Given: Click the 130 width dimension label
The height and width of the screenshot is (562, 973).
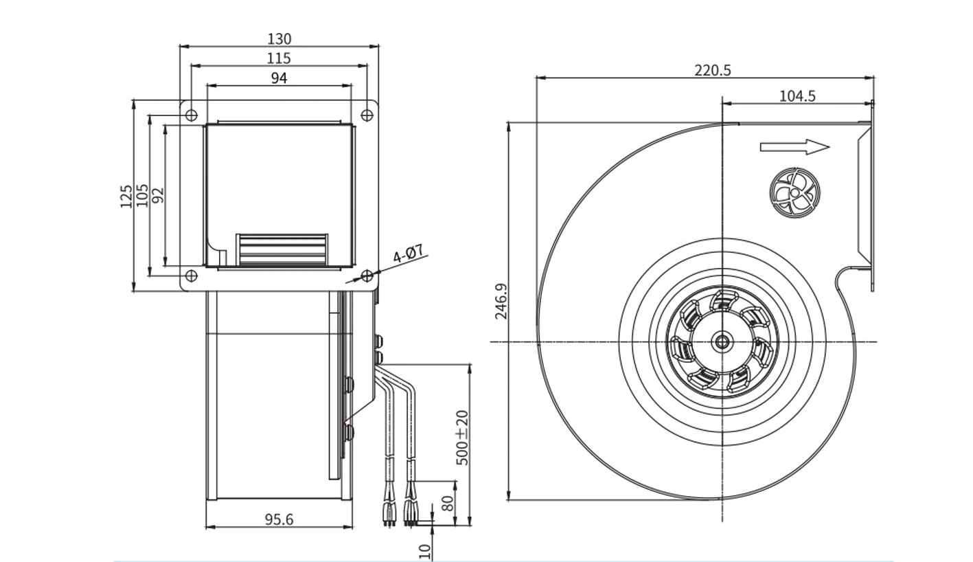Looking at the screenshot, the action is click(x=279, y=39).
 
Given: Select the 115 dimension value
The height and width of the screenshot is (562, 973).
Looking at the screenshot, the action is click(x=279, y=58).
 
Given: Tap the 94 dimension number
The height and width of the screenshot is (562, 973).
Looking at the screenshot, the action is click(x=279, y=78).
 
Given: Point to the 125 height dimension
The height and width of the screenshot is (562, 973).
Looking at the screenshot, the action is click(x=126, y=196).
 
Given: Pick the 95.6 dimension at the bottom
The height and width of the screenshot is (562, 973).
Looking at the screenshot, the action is click(x=279, y=519).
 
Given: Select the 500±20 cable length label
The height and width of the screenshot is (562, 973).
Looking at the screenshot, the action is click(x=463, y=438).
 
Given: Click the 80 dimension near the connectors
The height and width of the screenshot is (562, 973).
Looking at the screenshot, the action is click(x=448, y=504).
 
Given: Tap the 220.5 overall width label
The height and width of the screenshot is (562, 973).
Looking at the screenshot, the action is click(x=712, y=70).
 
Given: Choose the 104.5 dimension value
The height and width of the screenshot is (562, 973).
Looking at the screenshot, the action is click(x=797, y=96).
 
